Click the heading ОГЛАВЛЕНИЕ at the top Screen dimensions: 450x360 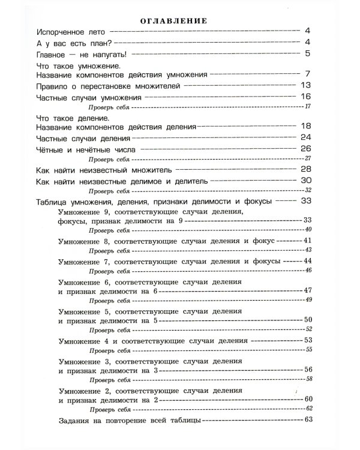(x=173, y=20)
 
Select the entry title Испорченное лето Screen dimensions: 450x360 (x=71, y=31)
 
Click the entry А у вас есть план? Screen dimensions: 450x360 (x=75, y=43)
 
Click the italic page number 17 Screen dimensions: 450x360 (x=308, y=107)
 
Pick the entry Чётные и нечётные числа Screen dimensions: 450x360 (x=86, y=149)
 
